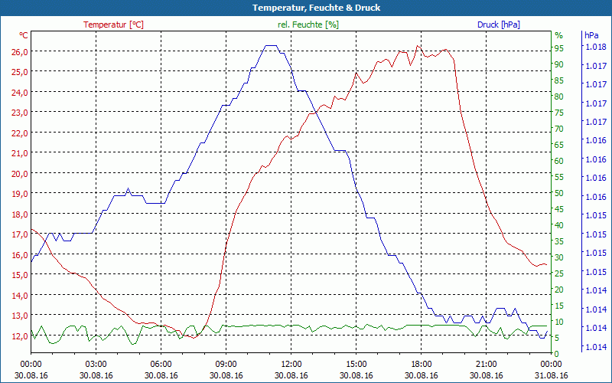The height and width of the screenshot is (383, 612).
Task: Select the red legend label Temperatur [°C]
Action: point(113,25)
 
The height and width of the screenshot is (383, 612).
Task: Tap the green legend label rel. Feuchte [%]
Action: point(308,25)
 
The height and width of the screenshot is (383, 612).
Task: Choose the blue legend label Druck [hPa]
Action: point(498,25)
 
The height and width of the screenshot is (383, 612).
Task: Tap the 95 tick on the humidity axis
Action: point(559,48)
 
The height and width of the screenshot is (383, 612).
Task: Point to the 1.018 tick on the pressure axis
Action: point(594,47)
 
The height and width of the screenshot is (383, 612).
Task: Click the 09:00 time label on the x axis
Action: point(226,364)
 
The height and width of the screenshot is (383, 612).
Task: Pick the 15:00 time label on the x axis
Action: point(356,364)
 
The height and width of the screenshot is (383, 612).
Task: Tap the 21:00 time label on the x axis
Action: point(487,364)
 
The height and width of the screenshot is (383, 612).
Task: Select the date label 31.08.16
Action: point(552,375)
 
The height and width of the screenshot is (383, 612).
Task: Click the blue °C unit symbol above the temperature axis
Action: point(24,35)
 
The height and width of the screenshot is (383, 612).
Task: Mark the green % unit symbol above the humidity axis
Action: point(558,35)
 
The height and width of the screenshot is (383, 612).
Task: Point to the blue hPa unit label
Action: point(591,35)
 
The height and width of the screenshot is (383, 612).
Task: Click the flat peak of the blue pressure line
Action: point(271,46)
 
